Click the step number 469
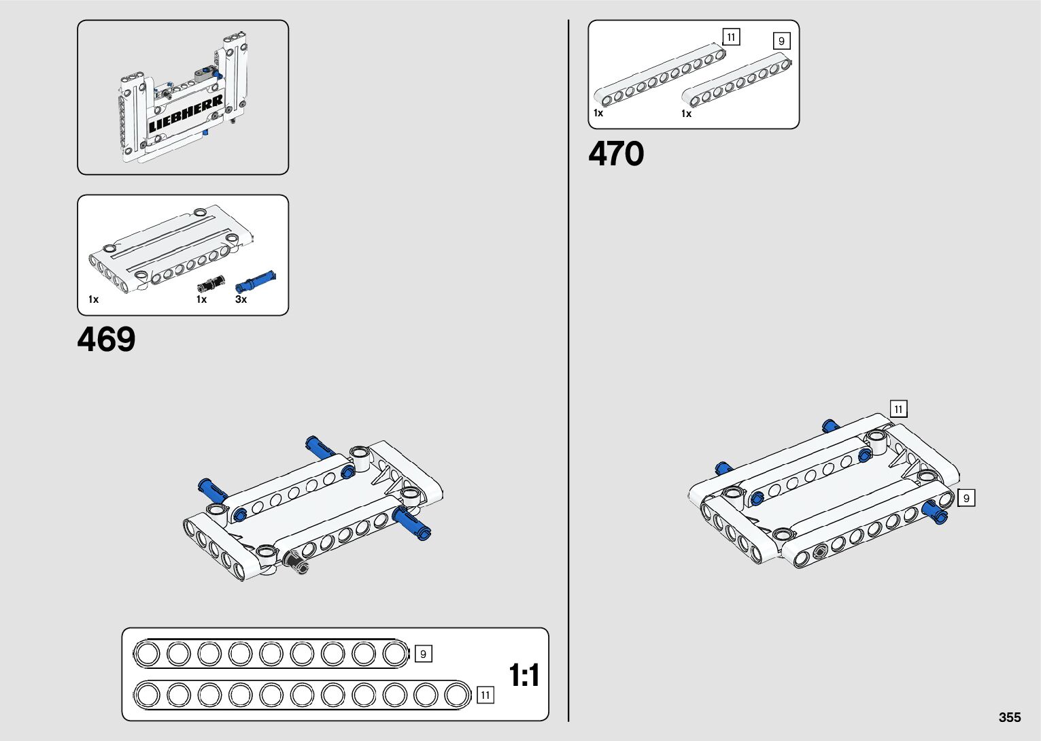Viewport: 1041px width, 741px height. tap(106, 339)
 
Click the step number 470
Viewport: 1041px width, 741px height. tap(616, 154)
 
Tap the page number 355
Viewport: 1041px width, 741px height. tap(1010, 717)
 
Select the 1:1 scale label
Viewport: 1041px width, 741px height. tap(524, 676)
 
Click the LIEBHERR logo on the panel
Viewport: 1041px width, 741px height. tap(186, 114)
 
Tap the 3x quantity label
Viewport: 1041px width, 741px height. tap(241, 299)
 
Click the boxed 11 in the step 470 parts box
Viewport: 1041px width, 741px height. tap(731, 37)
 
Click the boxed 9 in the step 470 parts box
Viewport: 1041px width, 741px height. tap(781, 41)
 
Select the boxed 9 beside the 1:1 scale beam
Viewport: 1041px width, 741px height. tap(423, 654)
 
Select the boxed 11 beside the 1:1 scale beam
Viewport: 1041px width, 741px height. tap(485, 695)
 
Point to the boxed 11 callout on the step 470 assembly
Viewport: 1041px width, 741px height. tap(898, 409)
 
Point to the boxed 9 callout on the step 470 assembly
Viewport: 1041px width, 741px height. tap(966, 498)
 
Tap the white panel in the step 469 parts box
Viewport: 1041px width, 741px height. tap(170, 248)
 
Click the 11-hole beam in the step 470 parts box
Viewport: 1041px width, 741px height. tap(658, 76)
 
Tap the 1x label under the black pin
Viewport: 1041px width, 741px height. tap(201, 299)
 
